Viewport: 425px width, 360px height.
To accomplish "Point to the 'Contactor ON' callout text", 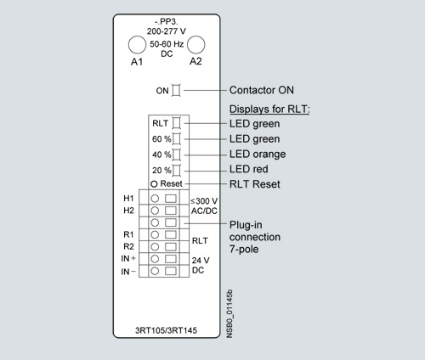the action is [262, 90].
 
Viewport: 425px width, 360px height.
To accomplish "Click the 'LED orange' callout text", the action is [258, 155].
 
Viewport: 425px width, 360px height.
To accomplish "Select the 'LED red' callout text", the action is [249, 169].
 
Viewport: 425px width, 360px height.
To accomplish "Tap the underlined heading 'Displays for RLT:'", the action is [269, 109].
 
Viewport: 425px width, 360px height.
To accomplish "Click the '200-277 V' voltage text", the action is [167, 31].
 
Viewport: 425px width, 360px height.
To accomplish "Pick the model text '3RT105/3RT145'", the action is [166, 330].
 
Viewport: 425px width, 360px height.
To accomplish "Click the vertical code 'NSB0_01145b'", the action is [229, 313].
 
